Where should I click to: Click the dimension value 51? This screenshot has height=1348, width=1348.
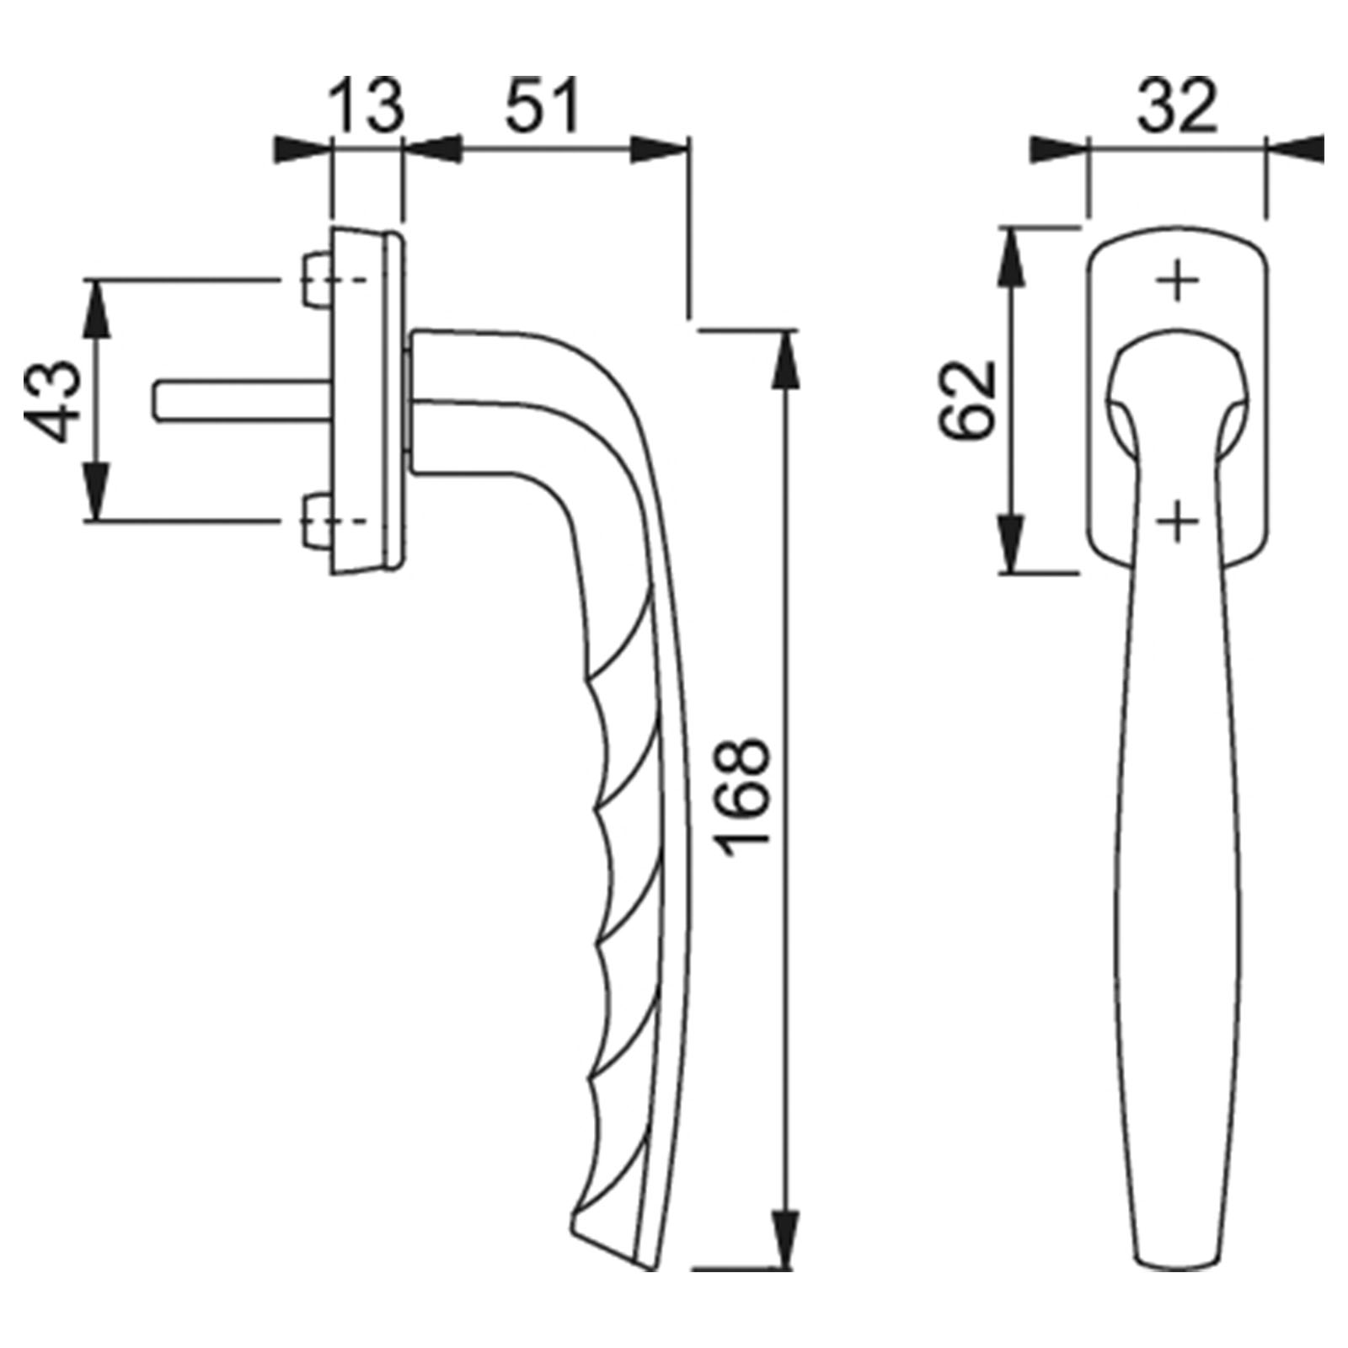(x=544, y=104)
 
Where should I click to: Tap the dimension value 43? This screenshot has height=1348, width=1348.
(x=56, y=400)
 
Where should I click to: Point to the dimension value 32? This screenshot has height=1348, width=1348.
(x=1178, y=104)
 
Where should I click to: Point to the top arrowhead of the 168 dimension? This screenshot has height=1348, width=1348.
(x=785, y=361)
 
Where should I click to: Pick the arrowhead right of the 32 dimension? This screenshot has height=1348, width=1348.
(x=1295, y=150)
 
